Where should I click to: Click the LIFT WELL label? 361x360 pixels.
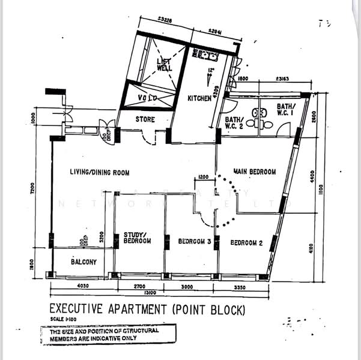point(163,65)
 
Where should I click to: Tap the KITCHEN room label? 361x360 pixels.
point(199,98)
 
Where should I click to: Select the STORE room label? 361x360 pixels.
point(145,119)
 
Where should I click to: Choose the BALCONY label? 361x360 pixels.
point(83,262)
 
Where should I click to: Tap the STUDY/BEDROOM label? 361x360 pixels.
point(137,238)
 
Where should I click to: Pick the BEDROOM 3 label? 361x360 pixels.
point(194,242)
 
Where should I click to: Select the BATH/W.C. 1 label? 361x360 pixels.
point(285,109)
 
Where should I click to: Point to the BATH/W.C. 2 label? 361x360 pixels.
point(233,123)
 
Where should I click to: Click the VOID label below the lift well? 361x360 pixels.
point(148,97)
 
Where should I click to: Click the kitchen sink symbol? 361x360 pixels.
point(205,56)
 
